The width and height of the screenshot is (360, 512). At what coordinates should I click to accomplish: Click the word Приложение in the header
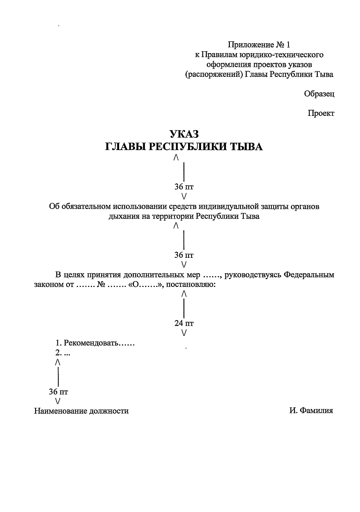click(250, 45)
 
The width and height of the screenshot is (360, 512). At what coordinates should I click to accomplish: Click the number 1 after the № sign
click(288, 45)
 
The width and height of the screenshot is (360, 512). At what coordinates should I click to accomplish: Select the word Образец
click(319, 94)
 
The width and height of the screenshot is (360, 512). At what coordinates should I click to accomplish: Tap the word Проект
click(321, 113)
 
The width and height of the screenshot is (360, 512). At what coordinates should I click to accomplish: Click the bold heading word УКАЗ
click(184, 134)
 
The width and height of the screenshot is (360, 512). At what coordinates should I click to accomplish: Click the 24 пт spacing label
click(184, 323)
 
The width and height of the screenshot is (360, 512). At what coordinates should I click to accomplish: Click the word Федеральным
click(309, 275)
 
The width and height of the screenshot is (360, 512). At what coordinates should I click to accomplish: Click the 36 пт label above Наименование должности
click(58, 392)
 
